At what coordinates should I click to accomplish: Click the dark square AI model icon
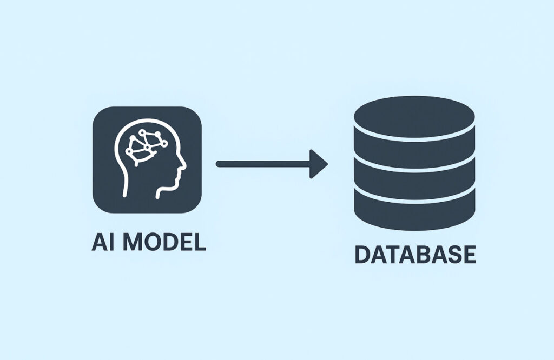pos(147,161)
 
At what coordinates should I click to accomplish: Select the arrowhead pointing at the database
pos(319,164)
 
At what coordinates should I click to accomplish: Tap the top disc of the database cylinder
pos(414,117)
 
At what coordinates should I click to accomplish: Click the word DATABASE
pos(415,255)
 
